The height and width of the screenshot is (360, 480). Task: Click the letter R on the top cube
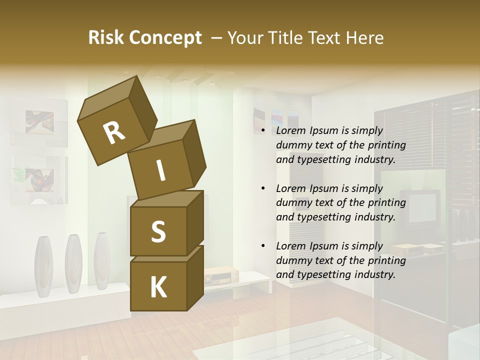pos(114,133)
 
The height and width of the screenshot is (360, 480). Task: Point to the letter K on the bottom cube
pos(158,287)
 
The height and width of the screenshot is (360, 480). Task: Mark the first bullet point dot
pos(263,131)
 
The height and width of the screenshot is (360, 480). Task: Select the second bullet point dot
pos(263,188)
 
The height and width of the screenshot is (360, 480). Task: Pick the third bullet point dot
pos(263,246)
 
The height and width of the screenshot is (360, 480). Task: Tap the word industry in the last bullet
pos(373,274)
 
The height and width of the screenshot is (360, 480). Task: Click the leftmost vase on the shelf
pos(43,263)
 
